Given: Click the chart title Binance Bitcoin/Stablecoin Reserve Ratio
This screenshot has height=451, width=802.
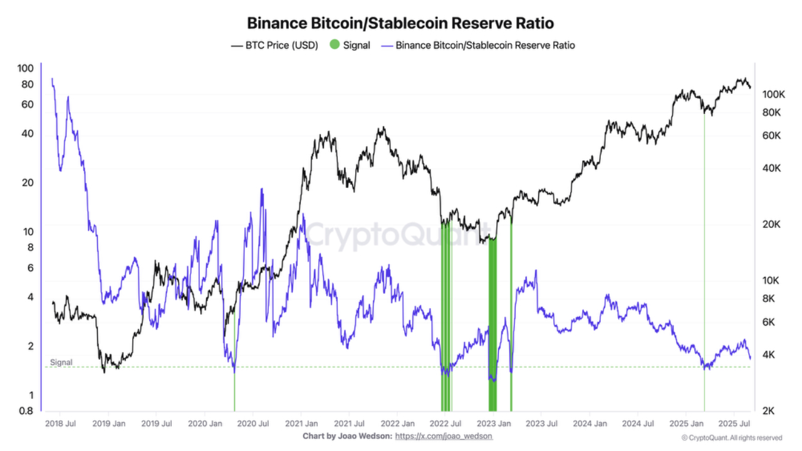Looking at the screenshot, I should tap(400, 23).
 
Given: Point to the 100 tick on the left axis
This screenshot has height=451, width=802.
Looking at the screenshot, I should tap(26, 68).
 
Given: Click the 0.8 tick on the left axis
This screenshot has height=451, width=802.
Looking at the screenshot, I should tap(26, 411).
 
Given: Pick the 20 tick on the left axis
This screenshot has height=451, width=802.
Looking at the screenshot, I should tap(28, 182).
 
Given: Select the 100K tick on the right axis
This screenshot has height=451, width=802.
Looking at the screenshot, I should tap(773, 95).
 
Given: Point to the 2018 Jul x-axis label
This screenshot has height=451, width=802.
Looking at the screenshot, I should tap(61, 423).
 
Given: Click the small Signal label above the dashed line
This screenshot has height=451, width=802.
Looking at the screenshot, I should tap(61, 363).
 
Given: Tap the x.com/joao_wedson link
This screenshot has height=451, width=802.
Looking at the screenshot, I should tap(444, 436).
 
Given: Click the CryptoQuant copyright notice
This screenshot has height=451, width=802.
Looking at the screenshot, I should tap(731, 438).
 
